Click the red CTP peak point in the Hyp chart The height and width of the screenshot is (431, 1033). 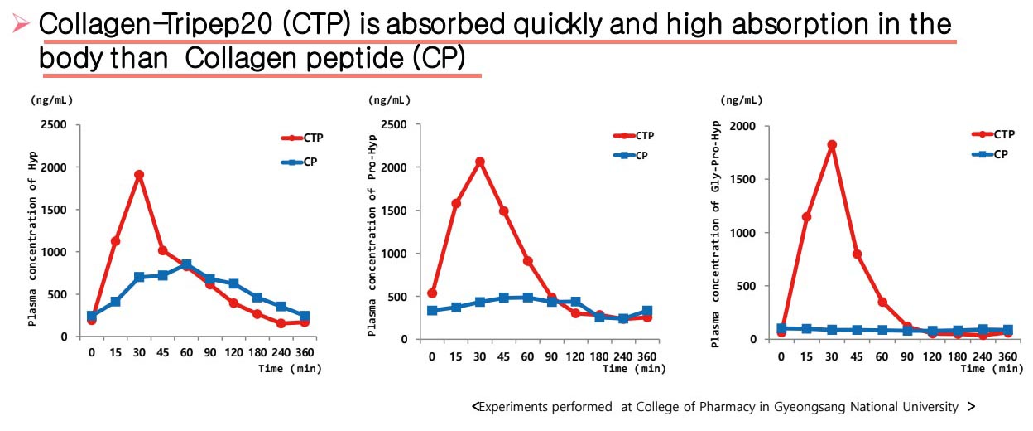(139, 175)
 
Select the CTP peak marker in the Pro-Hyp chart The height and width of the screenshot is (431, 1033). (479, 162)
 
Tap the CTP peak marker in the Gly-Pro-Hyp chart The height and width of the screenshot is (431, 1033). (832, 144)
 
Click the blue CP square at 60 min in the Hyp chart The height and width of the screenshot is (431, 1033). (186, 264)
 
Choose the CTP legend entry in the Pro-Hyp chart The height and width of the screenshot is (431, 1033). (634, 135)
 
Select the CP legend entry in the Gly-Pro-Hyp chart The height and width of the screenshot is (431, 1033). (988, 154)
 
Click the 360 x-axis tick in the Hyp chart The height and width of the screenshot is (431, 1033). (304, 352)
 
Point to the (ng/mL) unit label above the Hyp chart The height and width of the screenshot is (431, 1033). (51, 100)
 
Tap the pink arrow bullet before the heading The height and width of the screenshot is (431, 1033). (21, 27)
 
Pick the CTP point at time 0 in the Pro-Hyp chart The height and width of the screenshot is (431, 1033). (431, 293)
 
